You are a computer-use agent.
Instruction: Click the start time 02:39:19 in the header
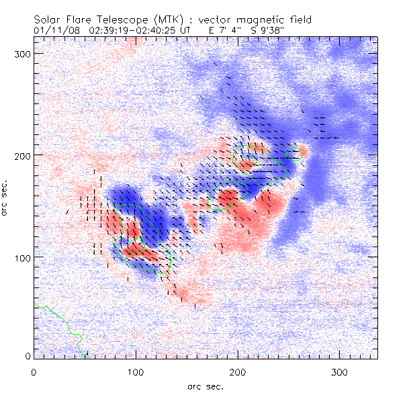point(110,30)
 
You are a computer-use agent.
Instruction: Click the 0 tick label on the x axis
point(34,372)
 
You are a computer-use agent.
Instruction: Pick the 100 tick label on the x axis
point(136,372)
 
